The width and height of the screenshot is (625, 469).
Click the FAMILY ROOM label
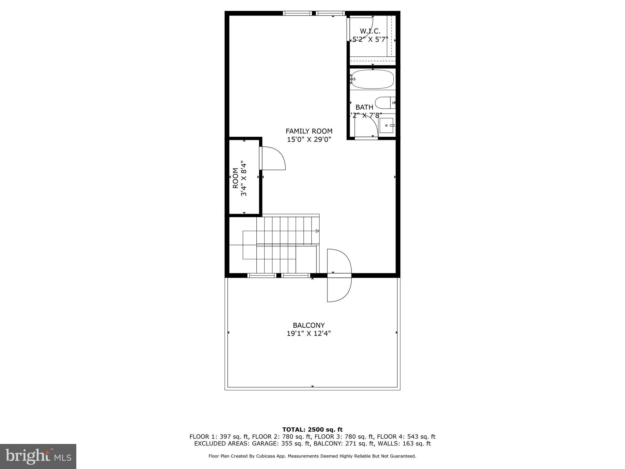tap(309, 131)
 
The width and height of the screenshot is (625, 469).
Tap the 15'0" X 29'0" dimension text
tap(309, 140)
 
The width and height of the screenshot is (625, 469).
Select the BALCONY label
tap(309, 325)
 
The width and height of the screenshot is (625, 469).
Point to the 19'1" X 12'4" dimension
tap(309, 333)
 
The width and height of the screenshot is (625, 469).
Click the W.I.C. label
tap(370, 31)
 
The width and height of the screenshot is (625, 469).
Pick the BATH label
tap(364, 107)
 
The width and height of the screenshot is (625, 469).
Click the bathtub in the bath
tap(372, 79)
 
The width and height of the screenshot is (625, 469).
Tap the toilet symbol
tap(385, 103)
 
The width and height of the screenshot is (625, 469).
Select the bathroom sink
tap(386, 125)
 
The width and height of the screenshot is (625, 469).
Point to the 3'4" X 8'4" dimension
tap(244, 178)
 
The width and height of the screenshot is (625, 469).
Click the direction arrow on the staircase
tap(317, 231)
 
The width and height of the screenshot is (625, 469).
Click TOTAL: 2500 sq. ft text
tap(312, 430)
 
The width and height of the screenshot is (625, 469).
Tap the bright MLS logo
tap(38, 456)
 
